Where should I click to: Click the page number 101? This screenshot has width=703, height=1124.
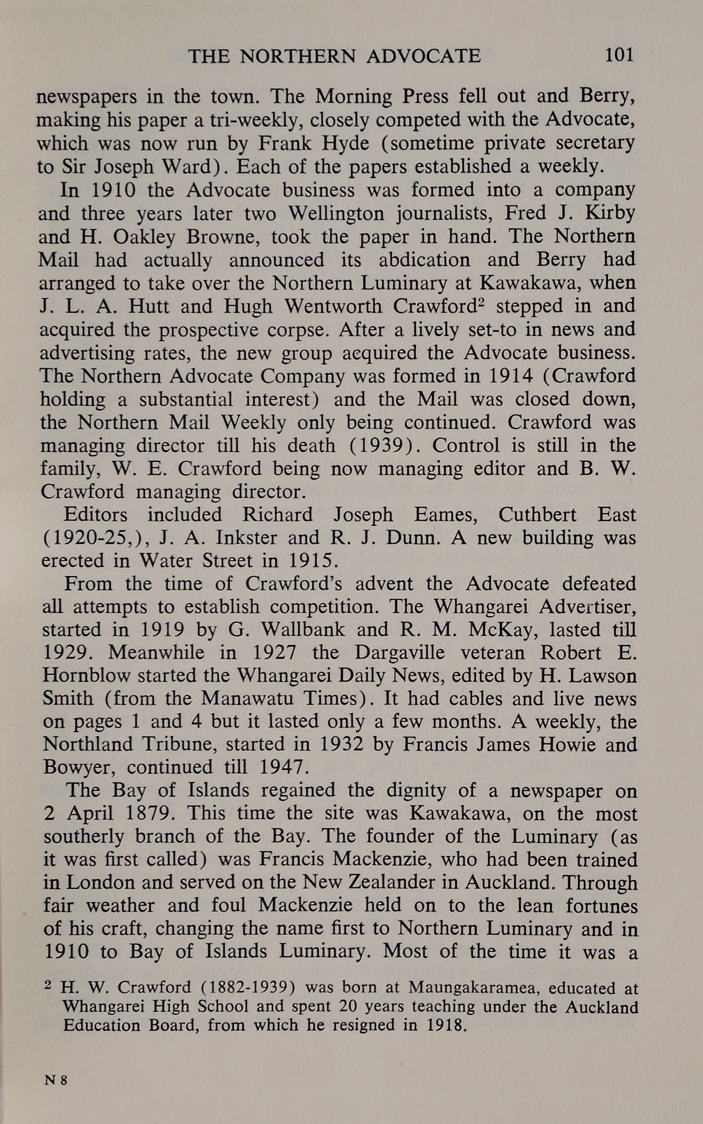tap(619, 54)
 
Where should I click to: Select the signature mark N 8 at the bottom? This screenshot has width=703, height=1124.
tap(56, 1080)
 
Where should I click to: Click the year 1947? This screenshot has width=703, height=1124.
tap(289, 767)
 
